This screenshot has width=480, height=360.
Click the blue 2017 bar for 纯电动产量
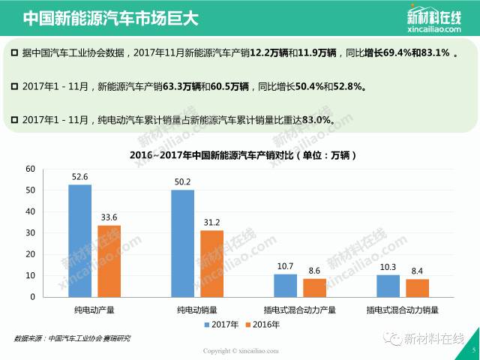pyautogui.click(x=79, y=240)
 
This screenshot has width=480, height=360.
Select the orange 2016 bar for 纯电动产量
pyautogui.click(x=109, y=260)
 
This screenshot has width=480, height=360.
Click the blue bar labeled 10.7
pyautogui.click(x=285, y=285)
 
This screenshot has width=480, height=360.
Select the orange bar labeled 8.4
pyautogui.click(x=417, y=287)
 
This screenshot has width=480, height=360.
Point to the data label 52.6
pyautogui.click(x=79, y=177)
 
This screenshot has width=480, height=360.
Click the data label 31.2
pyautogui.click(x=211, y=223)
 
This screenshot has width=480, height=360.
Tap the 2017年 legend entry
pyautogui.click(x=222, y=325)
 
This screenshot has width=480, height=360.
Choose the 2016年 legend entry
pyautogui.click(x=262, y=325)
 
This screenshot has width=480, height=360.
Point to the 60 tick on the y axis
pyautogui.click(x=31, y=169)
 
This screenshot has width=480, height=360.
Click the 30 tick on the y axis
pyautogui.click(x=31, y=232)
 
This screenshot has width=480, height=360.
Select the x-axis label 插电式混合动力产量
pyautogui.click(x=300, y=308)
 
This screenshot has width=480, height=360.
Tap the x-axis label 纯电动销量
pyautogui.click(x=197, y=308)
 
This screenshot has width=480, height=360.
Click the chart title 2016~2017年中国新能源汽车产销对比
pyautogui.click(x=238, y=155)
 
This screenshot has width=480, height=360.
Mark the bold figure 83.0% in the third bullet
pyautogui.click(x=316, y=119)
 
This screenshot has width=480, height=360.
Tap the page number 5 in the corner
pyautogui.click(x=472, y=349)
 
